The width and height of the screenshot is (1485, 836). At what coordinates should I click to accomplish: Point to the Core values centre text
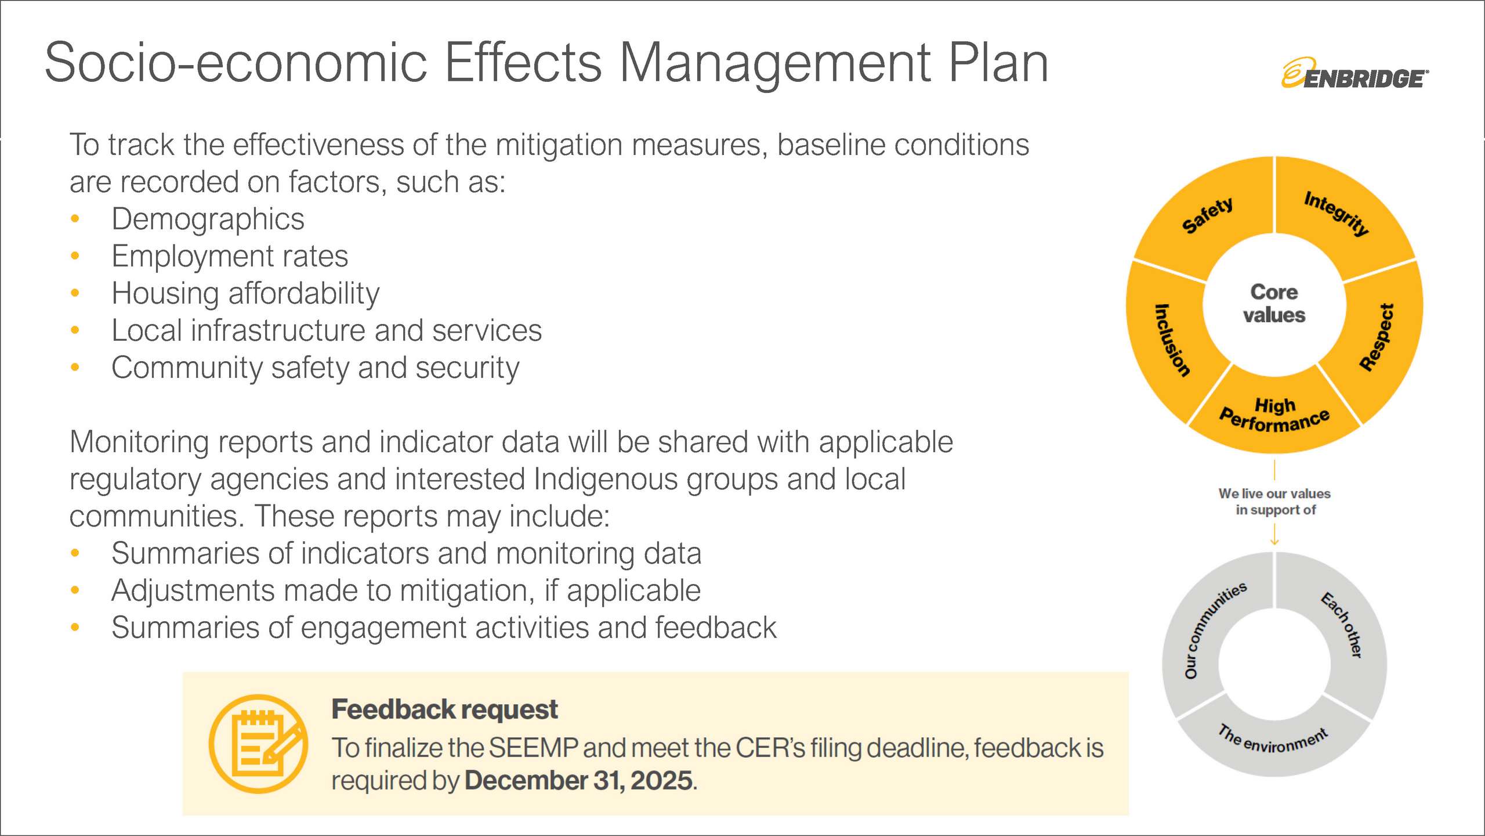point(1274,303)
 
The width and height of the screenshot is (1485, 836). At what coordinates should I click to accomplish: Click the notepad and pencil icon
point(259,744)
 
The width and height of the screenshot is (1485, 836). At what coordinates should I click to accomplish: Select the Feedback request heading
point(444,709)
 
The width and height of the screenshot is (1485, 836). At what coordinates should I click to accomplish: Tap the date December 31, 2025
point(578,780)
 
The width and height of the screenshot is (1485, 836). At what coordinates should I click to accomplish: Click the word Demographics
point(208,219)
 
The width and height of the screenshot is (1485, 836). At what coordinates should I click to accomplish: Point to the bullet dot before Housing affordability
point(75,293)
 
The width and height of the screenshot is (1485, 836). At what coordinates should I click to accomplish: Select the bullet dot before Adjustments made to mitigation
point(75,590)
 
